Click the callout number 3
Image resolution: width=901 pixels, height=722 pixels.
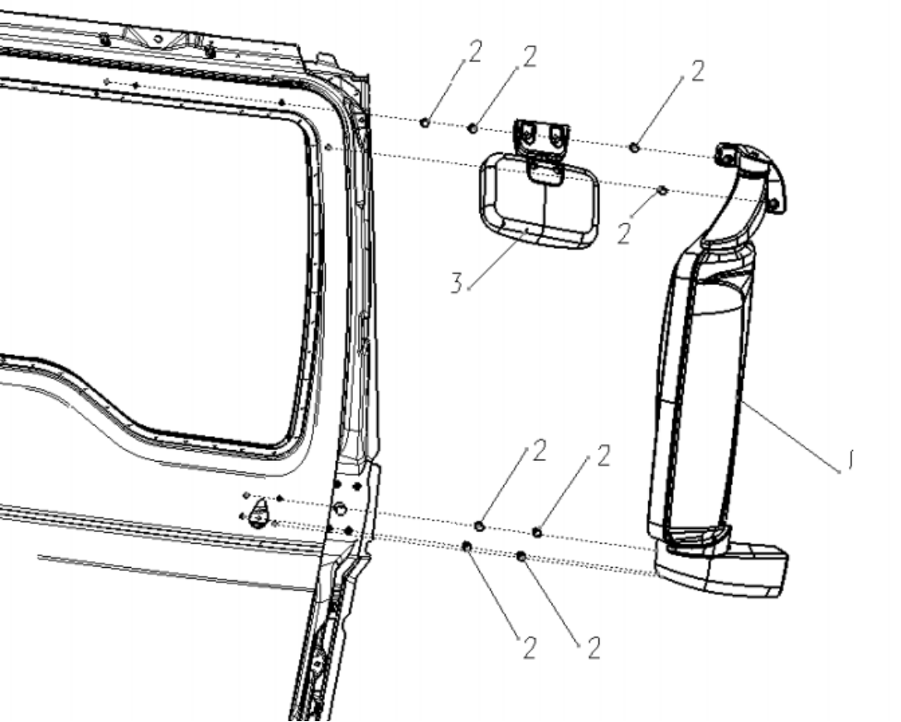456,283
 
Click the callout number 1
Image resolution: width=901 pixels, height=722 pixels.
852,458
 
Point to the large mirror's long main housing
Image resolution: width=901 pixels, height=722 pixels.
700,390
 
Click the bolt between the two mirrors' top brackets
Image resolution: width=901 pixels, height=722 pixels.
634,148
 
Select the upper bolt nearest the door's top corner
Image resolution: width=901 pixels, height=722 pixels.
424,123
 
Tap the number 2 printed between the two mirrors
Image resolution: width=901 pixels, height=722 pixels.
623,234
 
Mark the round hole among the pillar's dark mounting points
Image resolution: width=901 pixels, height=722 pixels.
339,508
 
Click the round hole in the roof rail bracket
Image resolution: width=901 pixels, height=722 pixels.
157,38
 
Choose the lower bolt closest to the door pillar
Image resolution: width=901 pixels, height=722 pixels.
467,546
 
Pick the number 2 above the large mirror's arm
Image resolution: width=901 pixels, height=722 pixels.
697,72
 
